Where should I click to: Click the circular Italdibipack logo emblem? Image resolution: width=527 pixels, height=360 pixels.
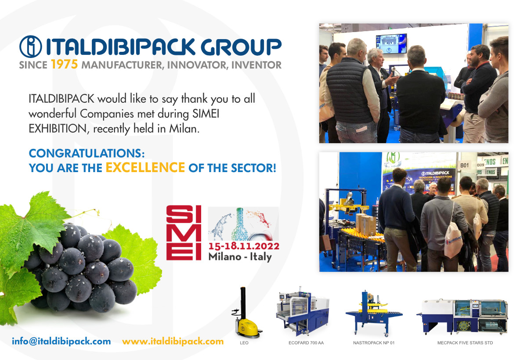coord(31,47)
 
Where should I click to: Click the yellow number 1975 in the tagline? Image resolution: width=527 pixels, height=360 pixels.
coord(64,64)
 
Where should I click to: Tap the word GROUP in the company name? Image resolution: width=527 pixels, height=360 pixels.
coord(241,47)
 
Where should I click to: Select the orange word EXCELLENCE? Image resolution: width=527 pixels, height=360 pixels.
coord(145,167)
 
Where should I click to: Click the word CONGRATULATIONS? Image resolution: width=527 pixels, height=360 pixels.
coord(87,153)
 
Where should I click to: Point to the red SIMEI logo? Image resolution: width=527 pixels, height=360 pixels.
coord(184,233)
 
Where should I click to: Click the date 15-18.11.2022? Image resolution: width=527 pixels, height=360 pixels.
coord(244,246)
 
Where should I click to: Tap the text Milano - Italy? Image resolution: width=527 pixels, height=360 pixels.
coord(240,256)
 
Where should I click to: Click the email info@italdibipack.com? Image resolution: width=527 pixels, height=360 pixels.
coord(61,341)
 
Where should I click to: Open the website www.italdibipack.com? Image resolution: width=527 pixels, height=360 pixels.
coord(173,341)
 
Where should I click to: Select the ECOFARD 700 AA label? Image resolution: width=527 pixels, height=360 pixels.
coord(306,343)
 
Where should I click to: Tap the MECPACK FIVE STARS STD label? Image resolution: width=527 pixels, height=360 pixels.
coord(465,343)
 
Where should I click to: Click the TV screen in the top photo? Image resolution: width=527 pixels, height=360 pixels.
coord(391,44)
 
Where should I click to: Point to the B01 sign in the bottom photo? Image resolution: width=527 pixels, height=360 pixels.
coord(465,166)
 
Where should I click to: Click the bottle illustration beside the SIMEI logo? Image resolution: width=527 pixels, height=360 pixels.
coord(240,224)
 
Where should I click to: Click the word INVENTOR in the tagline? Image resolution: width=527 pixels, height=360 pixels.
coord(256,65)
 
